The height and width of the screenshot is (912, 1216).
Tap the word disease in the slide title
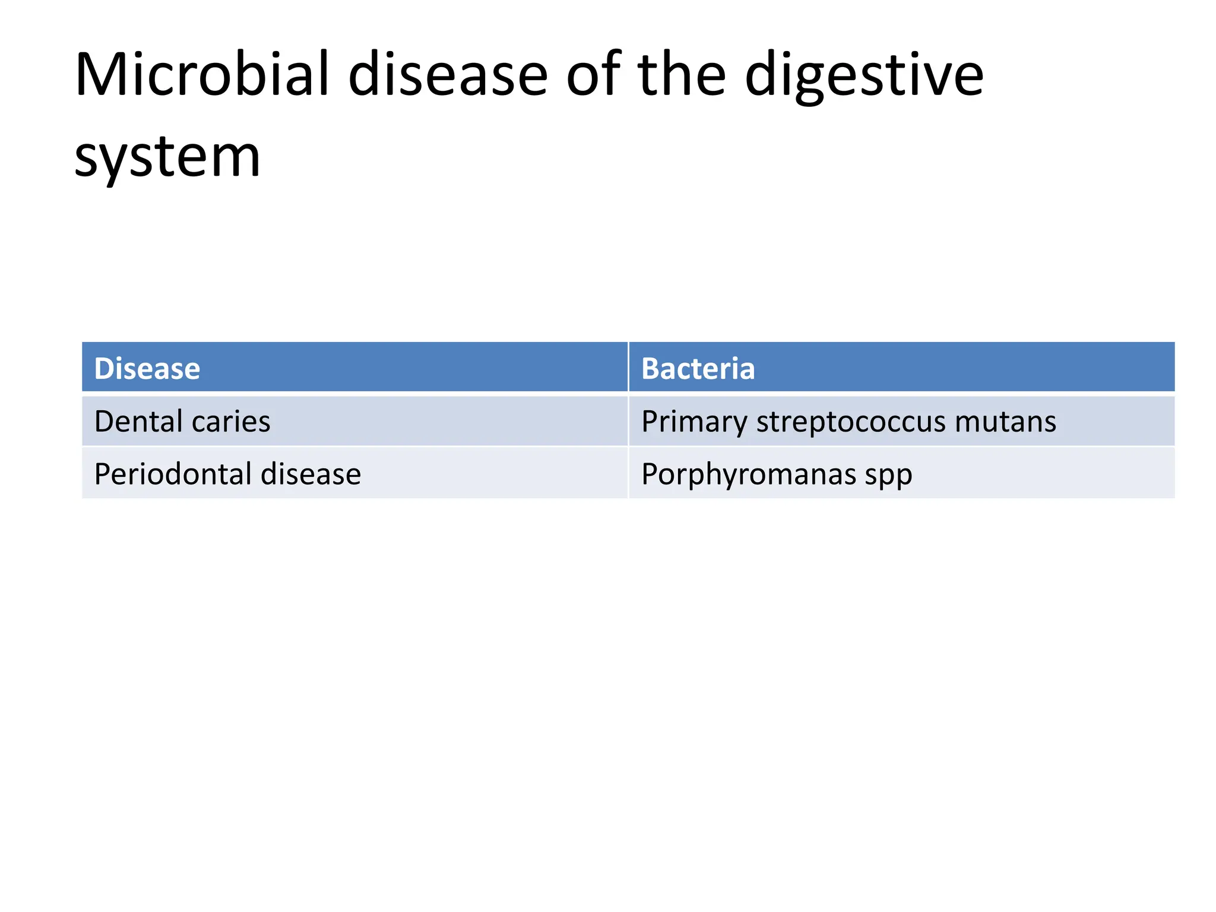pos(448,75)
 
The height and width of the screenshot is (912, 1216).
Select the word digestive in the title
pos(864,75)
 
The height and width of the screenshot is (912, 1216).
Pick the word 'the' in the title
pos(682,75)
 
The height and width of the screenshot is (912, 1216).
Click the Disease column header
pos(147,369)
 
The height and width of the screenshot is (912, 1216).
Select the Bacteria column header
pos(698,369)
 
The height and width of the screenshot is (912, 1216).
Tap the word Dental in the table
pos(138,422)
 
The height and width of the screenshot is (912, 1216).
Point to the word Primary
pos(694,422)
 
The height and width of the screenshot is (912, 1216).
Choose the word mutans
pos(1006,422)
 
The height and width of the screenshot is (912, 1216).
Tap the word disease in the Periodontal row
pos(311,474)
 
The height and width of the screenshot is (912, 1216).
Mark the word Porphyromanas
pos(749,474)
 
